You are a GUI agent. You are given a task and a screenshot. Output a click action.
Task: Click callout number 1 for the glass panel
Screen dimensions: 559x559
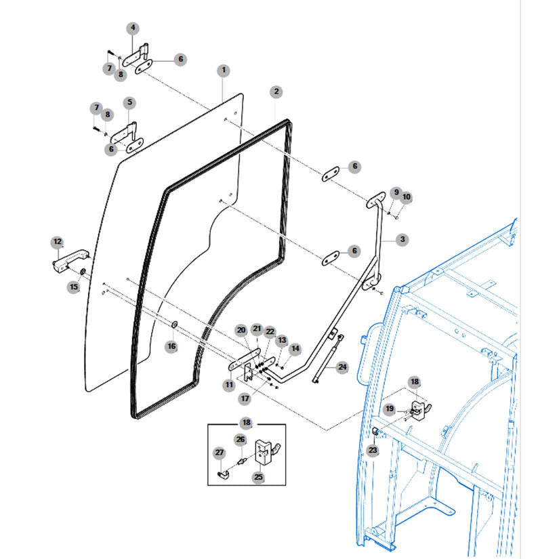(x=224, y=70)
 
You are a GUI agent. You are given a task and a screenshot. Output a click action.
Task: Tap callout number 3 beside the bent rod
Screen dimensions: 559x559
(x=402, y=239)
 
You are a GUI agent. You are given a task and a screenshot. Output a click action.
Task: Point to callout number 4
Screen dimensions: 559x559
(x=133, y=28)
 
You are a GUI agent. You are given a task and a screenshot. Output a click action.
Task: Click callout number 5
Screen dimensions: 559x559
(x=129, y=103)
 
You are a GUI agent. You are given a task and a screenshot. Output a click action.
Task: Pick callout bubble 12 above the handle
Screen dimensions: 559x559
(x=57, y=241)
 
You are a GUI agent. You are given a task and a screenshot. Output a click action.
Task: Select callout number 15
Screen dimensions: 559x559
(x=73, y=287)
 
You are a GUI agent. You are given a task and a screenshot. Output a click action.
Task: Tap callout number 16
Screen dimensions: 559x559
(x=171, y=346)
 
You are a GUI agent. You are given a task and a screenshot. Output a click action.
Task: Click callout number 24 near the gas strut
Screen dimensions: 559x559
(x=343, y=367)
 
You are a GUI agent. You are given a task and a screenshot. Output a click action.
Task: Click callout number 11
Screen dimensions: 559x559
(x=229, y=385)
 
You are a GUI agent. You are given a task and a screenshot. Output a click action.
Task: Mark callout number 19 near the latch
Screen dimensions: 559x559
(x=389, y=409)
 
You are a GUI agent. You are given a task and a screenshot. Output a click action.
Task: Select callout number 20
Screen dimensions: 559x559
(x=241, y=330)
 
